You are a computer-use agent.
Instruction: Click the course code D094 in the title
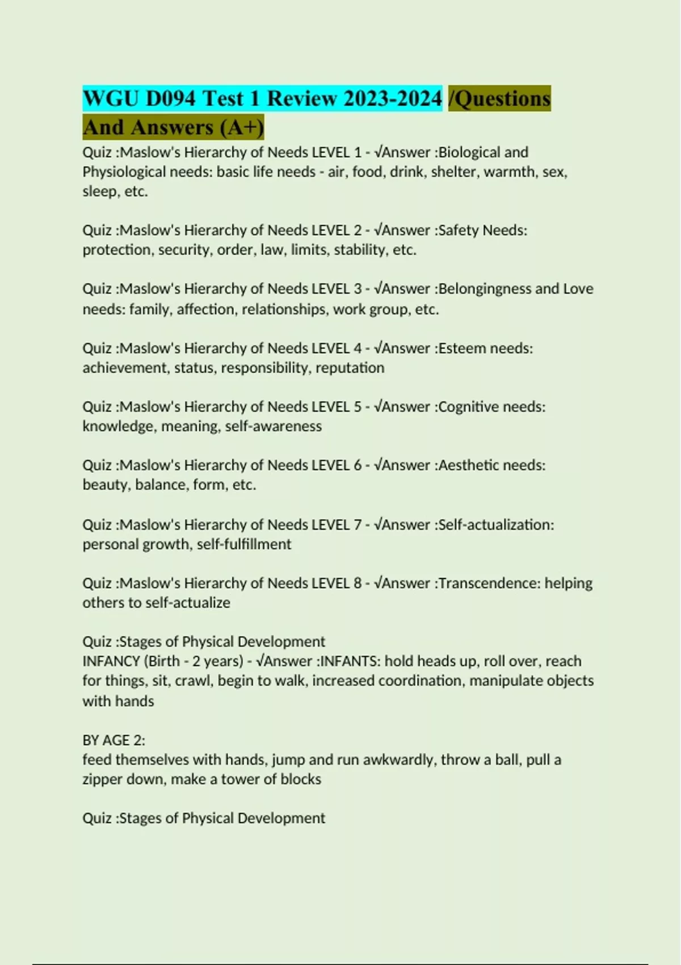click(x=170, y=99)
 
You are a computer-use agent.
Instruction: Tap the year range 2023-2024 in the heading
click(x=392, y=99)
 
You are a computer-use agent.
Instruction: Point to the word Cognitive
click(x=469, y=407)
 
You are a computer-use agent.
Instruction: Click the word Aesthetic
click(x=469, y=465)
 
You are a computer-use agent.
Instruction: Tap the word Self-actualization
click(x=495, y=525)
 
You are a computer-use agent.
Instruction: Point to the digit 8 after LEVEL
click(x=358, y=584)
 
